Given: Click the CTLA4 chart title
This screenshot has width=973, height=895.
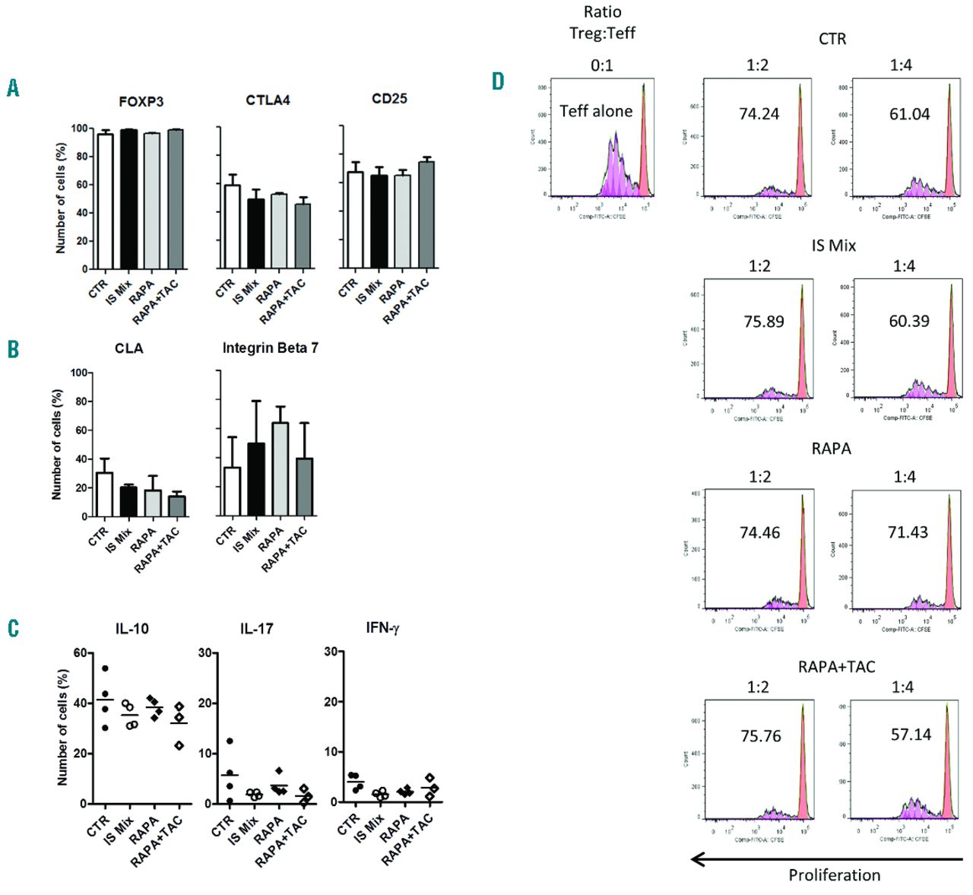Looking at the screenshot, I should [268, 100].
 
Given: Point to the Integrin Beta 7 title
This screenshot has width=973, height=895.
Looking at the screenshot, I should [270, 348].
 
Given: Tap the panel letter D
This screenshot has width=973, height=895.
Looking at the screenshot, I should [498, 81].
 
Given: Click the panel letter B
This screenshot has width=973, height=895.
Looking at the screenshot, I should [13, 349].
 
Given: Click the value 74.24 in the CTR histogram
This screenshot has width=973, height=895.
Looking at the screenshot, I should [759, 113].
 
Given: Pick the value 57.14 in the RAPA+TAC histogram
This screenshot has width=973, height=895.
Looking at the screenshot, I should [911, 735].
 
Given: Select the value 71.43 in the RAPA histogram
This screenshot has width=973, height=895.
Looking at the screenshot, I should [908, 532].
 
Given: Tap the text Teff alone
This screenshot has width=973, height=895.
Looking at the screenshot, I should [596, 111].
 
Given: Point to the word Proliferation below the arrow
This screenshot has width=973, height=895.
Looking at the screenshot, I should [834, 875].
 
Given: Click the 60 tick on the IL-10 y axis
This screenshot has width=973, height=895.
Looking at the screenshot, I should [80, 653].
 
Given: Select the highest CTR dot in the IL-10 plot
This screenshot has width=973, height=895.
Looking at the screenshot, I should [105, 669].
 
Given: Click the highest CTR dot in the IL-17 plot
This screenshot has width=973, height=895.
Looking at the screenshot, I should [230, 741].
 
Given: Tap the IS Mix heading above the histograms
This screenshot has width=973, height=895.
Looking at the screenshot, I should [834, 246].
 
